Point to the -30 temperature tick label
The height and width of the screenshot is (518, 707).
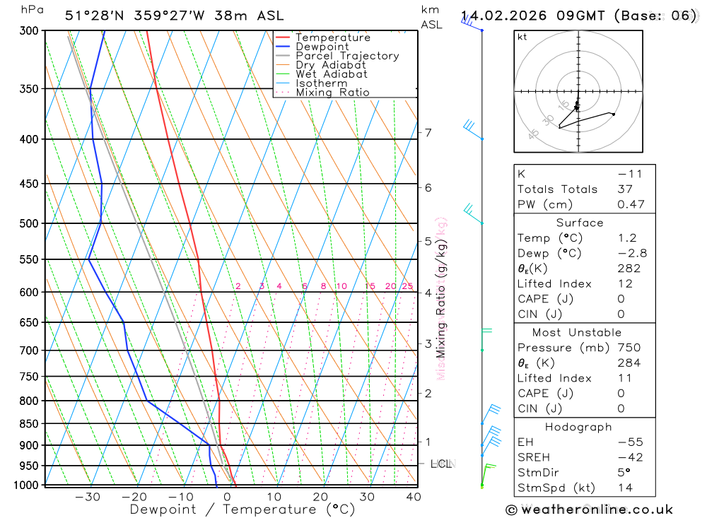(87, 497)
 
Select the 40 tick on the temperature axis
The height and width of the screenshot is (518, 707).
(414, 497)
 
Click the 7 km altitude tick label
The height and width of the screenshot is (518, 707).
(428, 132)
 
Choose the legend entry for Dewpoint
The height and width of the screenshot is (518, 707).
(322, 47)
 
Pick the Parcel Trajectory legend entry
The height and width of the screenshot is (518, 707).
(347, 56)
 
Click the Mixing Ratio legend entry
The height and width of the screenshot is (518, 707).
(332, 93)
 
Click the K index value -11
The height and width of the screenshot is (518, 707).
(628, 174)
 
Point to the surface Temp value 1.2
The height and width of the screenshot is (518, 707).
(627, 238)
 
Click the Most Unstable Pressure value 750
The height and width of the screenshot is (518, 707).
(629, 348)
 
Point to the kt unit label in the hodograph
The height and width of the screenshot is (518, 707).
(522, 37)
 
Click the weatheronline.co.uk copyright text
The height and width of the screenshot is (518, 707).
(590, 509)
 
